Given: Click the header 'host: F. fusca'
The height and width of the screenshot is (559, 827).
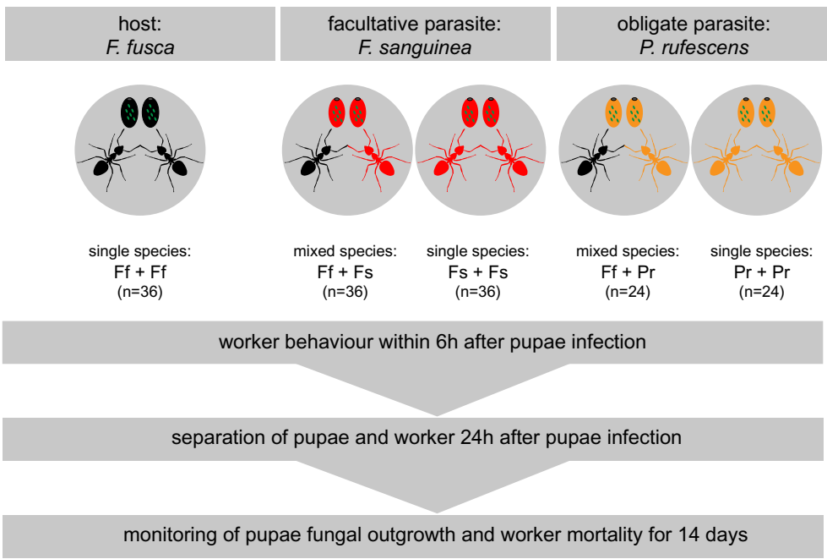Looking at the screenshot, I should point(139,36).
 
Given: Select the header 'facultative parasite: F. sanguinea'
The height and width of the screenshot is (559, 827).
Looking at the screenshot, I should point(415,36).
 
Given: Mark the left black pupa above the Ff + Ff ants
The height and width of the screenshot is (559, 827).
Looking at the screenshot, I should point(128,112).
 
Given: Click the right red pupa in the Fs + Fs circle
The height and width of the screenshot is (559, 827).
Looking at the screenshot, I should point(492,112).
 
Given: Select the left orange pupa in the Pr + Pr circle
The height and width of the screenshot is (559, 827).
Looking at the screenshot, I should point(747,112).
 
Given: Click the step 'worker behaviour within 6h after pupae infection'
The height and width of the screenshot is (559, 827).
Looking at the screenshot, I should point(432,343).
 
